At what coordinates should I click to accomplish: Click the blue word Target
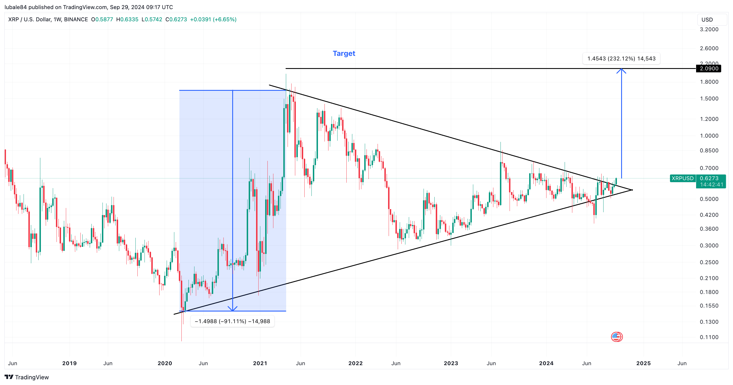click(344, 53)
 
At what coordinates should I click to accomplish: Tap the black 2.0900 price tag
click(709, 69)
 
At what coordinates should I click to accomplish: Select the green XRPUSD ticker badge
click(682, 178)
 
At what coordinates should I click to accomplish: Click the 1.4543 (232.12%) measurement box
click(621, 58)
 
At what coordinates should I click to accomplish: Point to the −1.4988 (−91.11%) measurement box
click(232, 321)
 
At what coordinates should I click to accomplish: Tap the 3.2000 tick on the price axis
click(709, 29)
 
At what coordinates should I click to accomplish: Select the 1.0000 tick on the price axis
click(709, 136)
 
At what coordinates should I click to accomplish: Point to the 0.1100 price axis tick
click(709, 337)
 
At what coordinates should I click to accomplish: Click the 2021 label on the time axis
click(260, 363)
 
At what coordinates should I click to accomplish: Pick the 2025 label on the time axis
click(643, 363)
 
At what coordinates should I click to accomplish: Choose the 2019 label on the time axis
click(70, 363)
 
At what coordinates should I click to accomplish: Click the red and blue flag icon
click(617, 337)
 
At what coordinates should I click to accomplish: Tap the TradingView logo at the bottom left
click(27, 377)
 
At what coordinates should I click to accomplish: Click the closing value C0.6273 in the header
click(176, 19)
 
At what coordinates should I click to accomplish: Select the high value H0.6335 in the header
click(127, 19)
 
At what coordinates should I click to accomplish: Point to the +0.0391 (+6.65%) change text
click(213, 19)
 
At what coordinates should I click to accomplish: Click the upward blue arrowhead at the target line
click(621, 71)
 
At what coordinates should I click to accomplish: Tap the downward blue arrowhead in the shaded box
click(233, 309)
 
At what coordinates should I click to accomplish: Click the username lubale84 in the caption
click(16, 7)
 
